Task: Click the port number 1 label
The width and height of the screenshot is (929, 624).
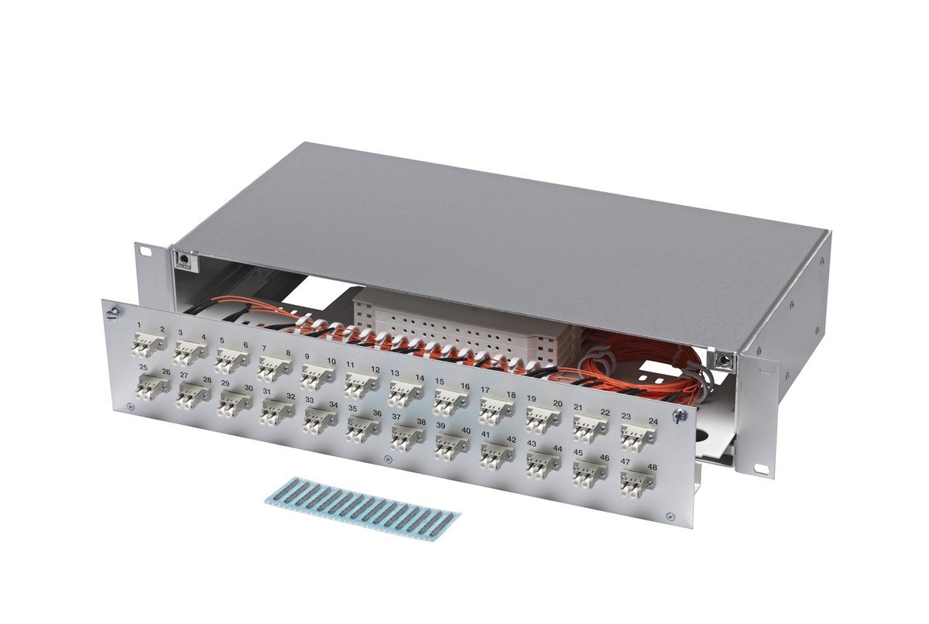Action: pos(139,324)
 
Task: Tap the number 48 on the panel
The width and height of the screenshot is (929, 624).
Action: pos(652,468)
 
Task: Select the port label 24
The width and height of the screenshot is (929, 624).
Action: pos(653,422)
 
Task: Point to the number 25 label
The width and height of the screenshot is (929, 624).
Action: pos(143,367)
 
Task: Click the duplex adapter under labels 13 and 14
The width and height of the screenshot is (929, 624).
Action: pos(406,394)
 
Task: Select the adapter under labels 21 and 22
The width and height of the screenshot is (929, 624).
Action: pos(591,428)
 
